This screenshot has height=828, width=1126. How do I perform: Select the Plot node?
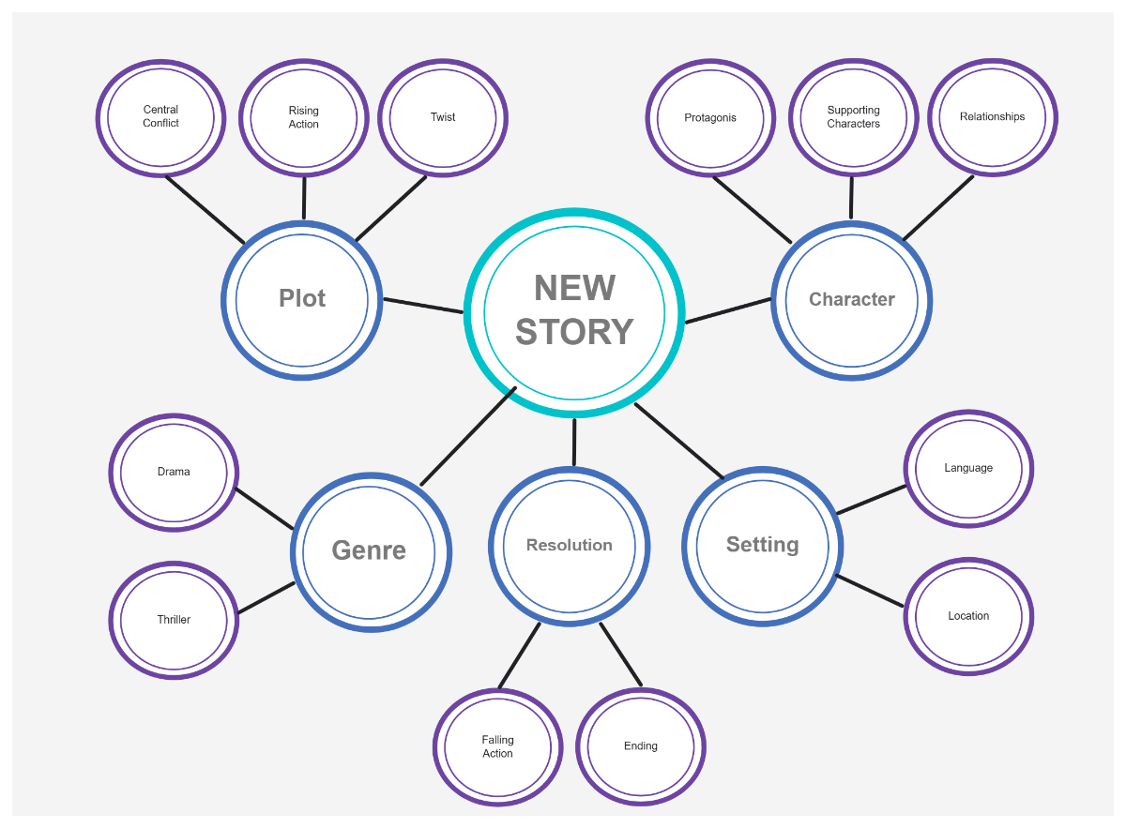302,300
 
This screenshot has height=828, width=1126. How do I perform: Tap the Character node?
851,300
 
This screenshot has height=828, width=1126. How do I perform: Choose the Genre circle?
370,551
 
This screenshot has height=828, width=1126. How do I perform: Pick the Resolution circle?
570,546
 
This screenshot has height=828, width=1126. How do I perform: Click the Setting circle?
762,546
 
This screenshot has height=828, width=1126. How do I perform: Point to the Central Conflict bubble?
161,117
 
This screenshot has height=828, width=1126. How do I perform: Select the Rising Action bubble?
304,118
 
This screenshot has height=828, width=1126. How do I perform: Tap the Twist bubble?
443,118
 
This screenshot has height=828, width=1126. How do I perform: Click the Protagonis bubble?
710,118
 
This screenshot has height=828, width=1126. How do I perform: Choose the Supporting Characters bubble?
853,117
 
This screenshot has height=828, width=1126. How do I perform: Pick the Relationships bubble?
993,117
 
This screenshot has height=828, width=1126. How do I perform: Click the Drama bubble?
174,473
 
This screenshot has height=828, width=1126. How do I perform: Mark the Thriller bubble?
174,620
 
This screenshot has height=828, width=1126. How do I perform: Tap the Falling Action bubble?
497,747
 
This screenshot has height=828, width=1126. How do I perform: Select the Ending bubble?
641,747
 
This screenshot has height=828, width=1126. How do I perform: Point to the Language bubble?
968,468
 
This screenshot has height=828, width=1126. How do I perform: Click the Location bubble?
968,616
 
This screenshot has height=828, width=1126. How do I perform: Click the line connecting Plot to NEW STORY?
422,306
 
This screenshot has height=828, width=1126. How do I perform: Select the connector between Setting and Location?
870,591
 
